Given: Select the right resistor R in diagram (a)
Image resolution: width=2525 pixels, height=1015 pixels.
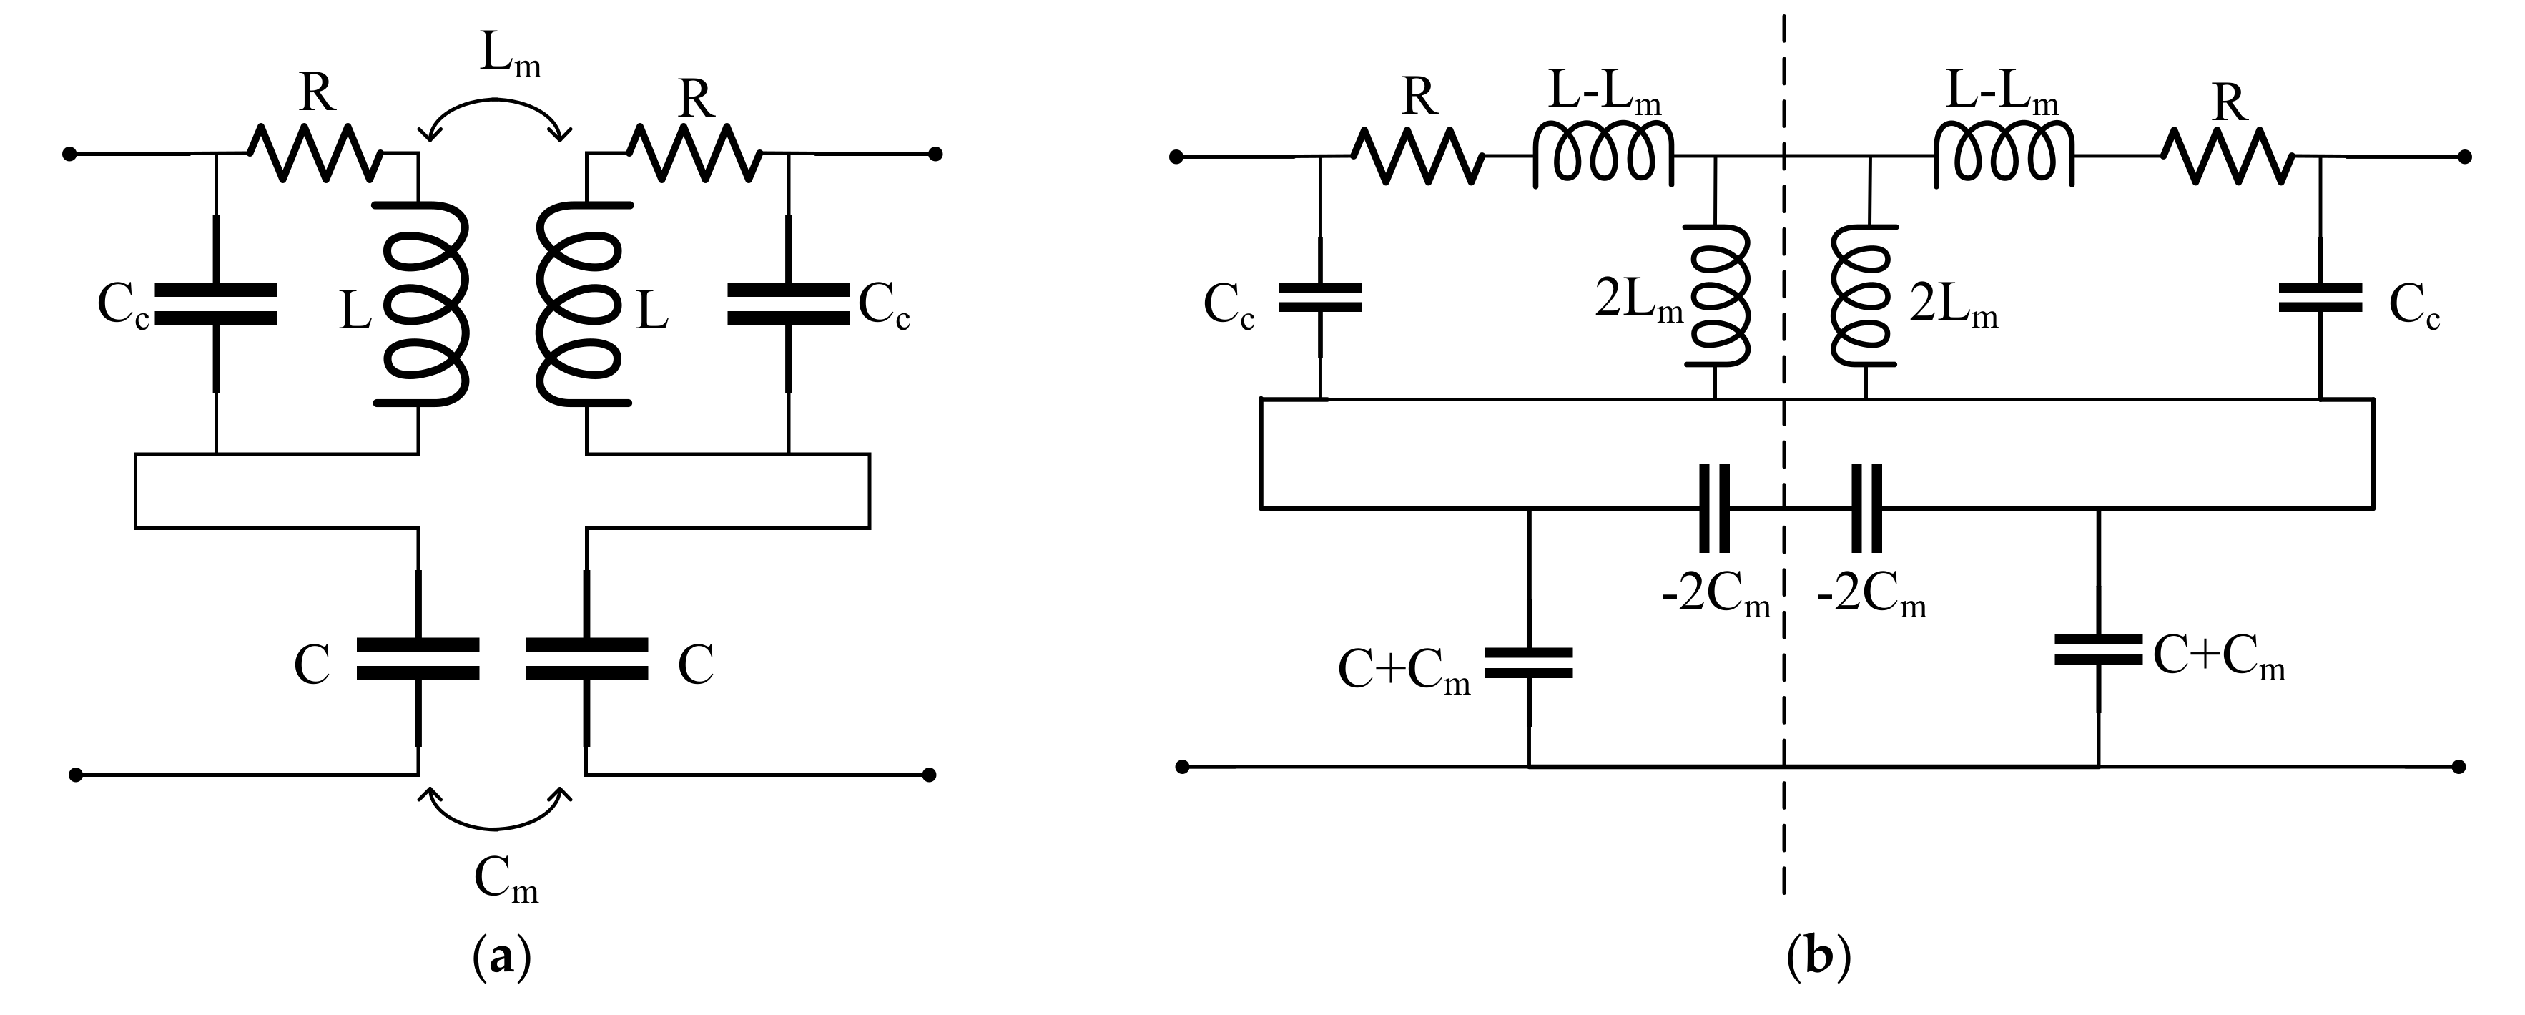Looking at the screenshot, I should (x=694, y=152).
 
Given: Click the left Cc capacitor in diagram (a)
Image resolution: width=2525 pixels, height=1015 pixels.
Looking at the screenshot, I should (x=216, y=304).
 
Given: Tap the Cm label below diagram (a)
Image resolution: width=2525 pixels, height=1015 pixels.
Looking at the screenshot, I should (x=506, y=878).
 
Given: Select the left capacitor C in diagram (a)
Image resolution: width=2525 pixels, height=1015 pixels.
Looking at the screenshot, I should (x=418, y=659).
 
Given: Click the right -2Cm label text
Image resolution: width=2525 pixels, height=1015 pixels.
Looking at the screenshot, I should (x=1871, y=597).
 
